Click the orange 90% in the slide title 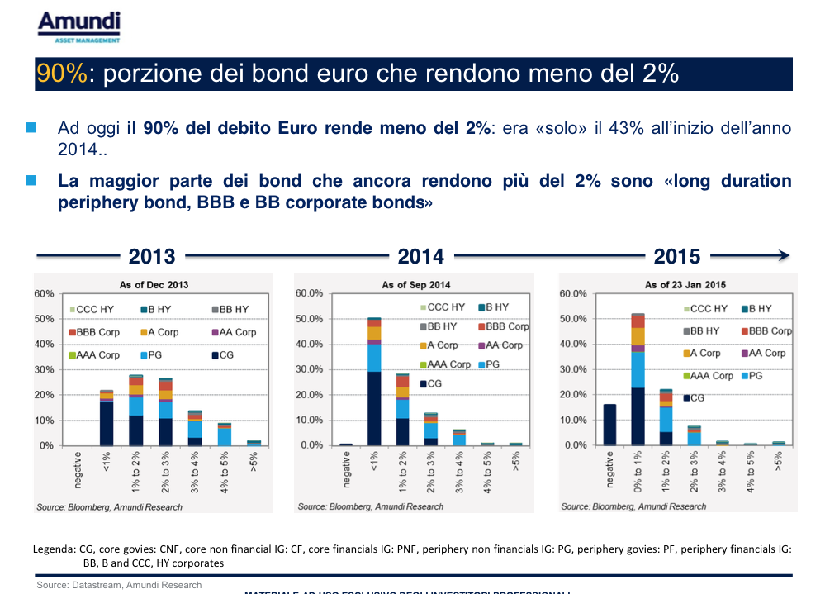click(62, 74)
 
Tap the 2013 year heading click(152, 257)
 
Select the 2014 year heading click(420, 257)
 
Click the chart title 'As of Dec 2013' click(154, 285)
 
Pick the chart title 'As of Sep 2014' click(416, 285)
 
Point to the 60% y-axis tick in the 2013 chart click(45, 294)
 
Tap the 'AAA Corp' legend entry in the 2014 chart click(449, 364)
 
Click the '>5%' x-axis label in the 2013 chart click(254, 465)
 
